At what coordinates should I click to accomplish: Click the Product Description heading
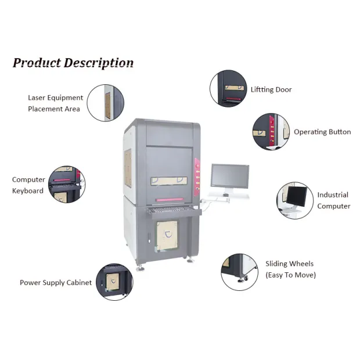pos(73,63)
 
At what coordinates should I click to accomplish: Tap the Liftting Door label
pos(271,90)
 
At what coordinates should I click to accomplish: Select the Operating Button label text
pos(322,132)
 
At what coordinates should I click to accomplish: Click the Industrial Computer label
pos(333,200)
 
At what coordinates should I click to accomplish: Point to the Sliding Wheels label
pos(290,269)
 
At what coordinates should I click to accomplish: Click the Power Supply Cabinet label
pos(56,283)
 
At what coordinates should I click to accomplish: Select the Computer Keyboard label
pos(28,185)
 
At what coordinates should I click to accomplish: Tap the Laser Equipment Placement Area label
pos(55,103)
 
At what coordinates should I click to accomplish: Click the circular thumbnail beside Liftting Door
pos(228,89)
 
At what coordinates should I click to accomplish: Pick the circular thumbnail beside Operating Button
pos(271,131)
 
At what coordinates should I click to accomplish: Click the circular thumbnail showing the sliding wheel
pos(239,271)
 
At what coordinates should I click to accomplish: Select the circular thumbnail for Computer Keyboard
pos(66,185)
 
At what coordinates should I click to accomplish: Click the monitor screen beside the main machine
pos(229,176)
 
